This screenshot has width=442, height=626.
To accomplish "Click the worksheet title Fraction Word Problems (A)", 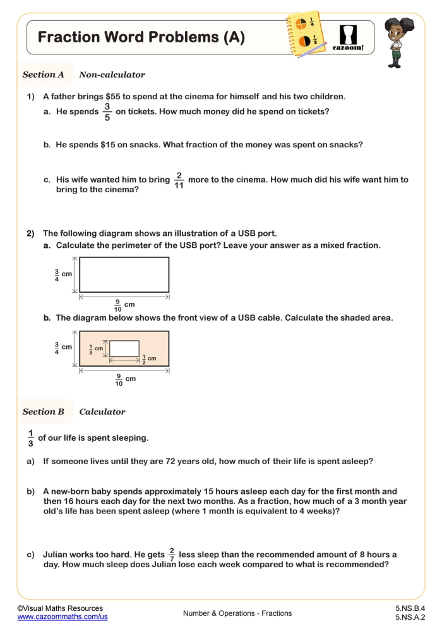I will (141, 37).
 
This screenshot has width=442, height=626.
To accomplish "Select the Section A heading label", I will (44, 75).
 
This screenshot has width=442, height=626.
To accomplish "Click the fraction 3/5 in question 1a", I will (107, 112).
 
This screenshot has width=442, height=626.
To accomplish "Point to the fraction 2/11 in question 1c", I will (179, 180).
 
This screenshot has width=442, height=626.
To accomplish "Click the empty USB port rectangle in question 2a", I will (124, 274).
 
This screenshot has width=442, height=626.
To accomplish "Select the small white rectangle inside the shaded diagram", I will (124, 348).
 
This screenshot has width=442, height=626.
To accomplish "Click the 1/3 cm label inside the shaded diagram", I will (95, 348).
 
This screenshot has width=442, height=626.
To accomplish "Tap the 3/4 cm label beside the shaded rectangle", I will (63, 347).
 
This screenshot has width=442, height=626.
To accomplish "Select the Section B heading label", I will (44, 412).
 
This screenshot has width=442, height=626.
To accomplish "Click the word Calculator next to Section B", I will (102, 412).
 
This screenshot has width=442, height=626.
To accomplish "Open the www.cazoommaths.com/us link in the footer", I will (62, 617).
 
